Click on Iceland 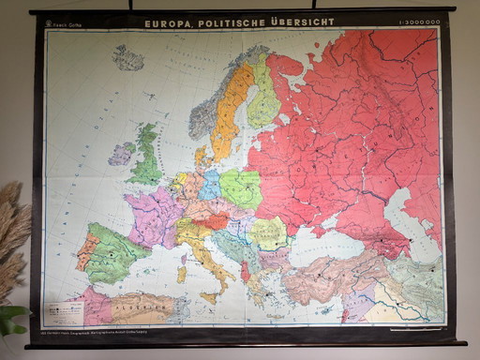[128, 58]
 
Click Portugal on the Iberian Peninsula [87, 251]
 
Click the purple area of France [155, 216]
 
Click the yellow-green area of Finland [264, 98]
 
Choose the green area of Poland [241, 187]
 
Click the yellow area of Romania [270, 233]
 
